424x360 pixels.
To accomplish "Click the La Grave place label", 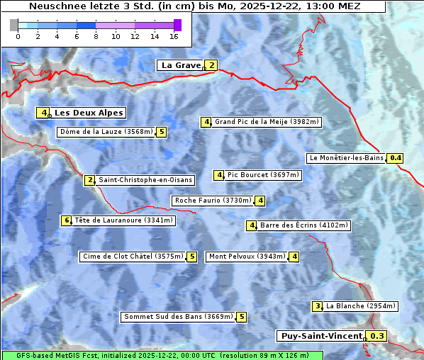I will pos(181,65).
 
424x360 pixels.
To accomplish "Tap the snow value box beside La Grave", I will pos(211,65).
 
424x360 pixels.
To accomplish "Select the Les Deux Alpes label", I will pos(89,113).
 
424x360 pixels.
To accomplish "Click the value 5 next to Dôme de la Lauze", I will pos(162,132).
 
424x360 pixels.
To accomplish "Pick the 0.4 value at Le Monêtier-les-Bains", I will pos(396,158).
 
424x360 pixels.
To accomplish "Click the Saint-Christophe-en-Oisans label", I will pos(145,180).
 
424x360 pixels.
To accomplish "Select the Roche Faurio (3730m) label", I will pos(213,201).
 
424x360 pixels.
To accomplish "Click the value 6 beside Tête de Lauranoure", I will pos(67,220).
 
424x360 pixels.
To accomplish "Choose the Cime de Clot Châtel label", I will pos(133,257).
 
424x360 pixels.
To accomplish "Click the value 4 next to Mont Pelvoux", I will pos(294,257).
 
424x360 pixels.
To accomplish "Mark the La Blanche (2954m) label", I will pos(360,306).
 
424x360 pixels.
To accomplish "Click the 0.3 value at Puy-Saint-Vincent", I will pos(378,336).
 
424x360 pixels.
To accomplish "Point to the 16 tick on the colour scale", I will pos(174,35).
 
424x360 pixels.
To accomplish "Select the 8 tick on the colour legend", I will pos(96,35).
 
